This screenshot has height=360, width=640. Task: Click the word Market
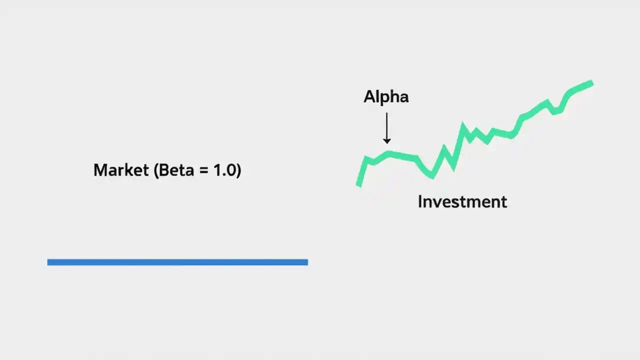(x=121, y=170)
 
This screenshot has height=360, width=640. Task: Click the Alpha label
(x=386, y=97)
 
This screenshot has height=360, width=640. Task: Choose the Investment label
(x=462, y=202)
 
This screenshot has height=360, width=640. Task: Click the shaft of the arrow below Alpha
(x=386, y=125)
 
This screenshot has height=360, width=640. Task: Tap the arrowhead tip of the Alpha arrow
(x=386, y=143)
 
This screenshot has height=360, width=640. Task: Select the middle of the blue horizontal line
(x=177, y=262)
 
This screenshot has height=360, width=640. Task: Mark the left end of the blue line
(x=48, y=262)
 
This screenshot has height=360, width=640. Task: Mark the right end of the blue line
(x=306, y=262)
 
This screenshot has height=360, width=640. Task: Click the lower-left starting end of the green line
(x=358, y=184)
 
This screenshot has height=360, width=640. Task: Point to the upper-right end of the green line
(x=591, y=83)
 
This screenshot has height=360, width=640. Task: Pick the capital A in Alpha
(x=369, y=97)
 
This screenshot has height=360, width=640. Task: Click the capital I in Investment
(x=420, y=202)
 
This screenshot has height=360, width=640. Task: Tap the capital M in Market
(x=100, y=170)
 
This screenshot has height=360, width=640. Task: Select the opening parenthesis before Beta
(x=156, y=171)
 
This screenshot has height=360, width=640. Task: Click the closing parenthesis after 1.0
(x=238, y=171)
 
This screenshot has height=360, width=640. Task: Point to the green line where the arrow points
(x=387, y=153)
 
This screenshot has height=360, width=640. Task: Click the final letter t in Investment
(x=504, y=202)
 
